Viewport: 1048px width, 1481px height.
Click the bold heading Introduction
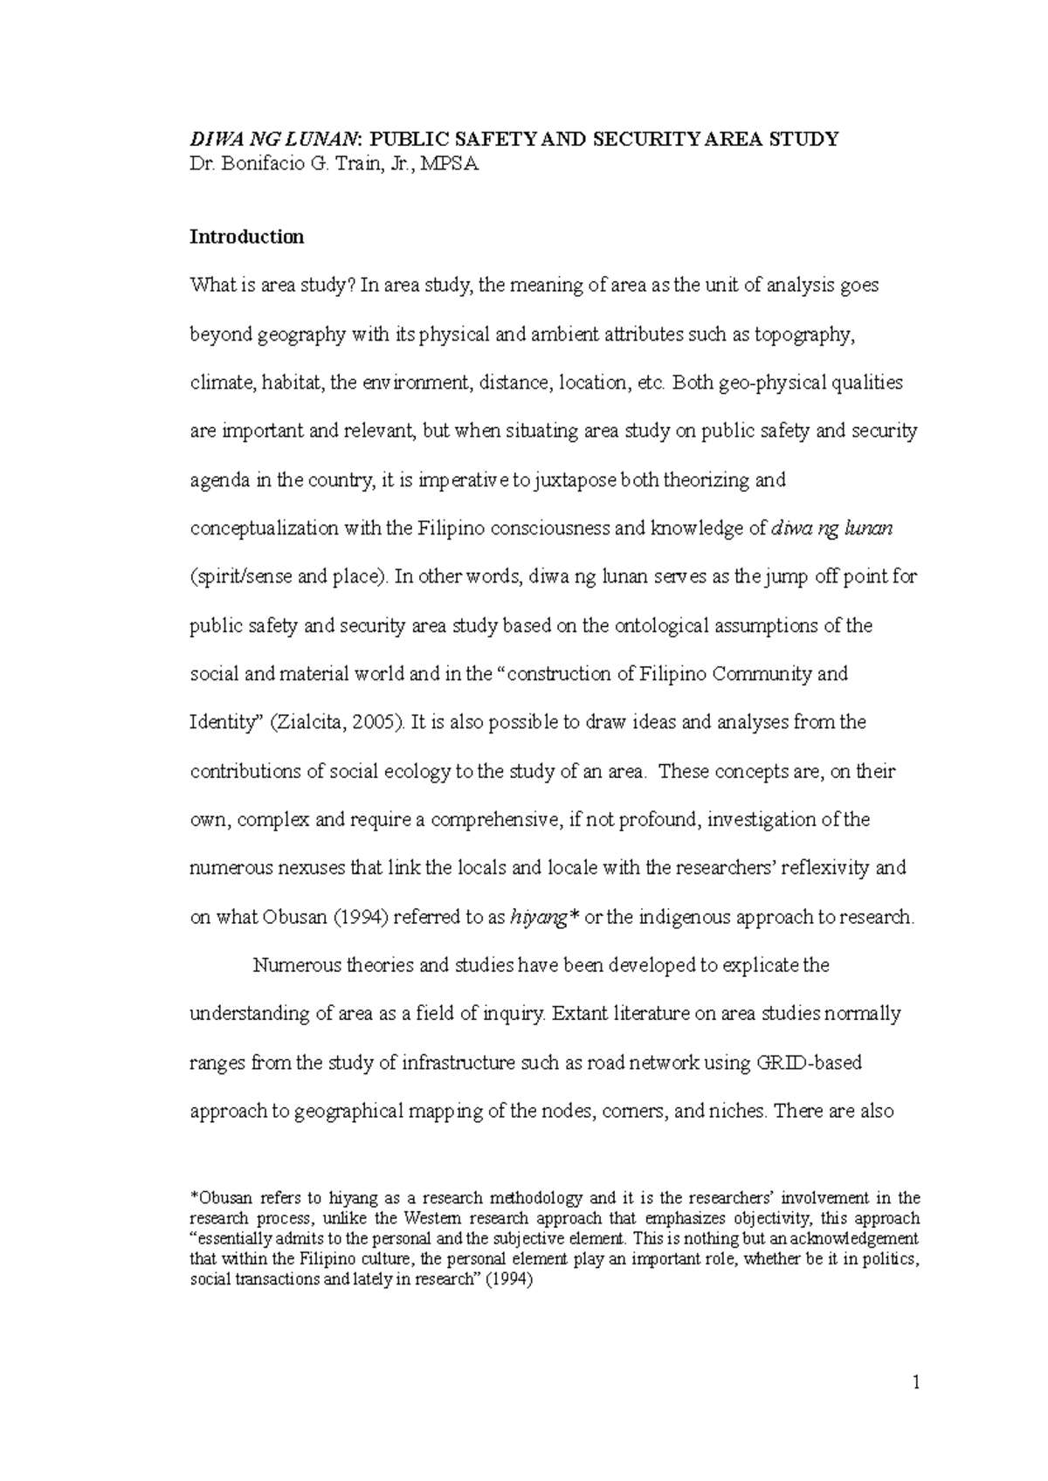click(x=247, y=237)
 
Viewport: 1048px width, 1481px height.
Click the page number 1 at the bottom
click(x=916, y=1382)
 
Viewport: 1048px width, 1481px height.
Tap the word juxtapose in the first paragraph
click(x=569, y=480)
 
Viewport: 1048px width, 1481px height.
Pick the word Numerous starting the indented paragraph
click(x=293, y=966)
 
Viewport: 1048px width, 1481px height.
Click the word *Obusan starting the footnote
click(x=220, y=1198)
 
